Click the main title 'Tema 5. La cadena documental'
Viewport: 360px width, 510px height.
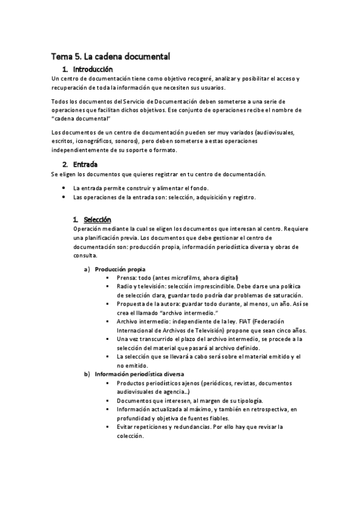[x=111, y=57]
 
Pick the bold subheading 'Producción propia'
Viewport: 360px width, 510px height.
[x=120, y=269]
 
